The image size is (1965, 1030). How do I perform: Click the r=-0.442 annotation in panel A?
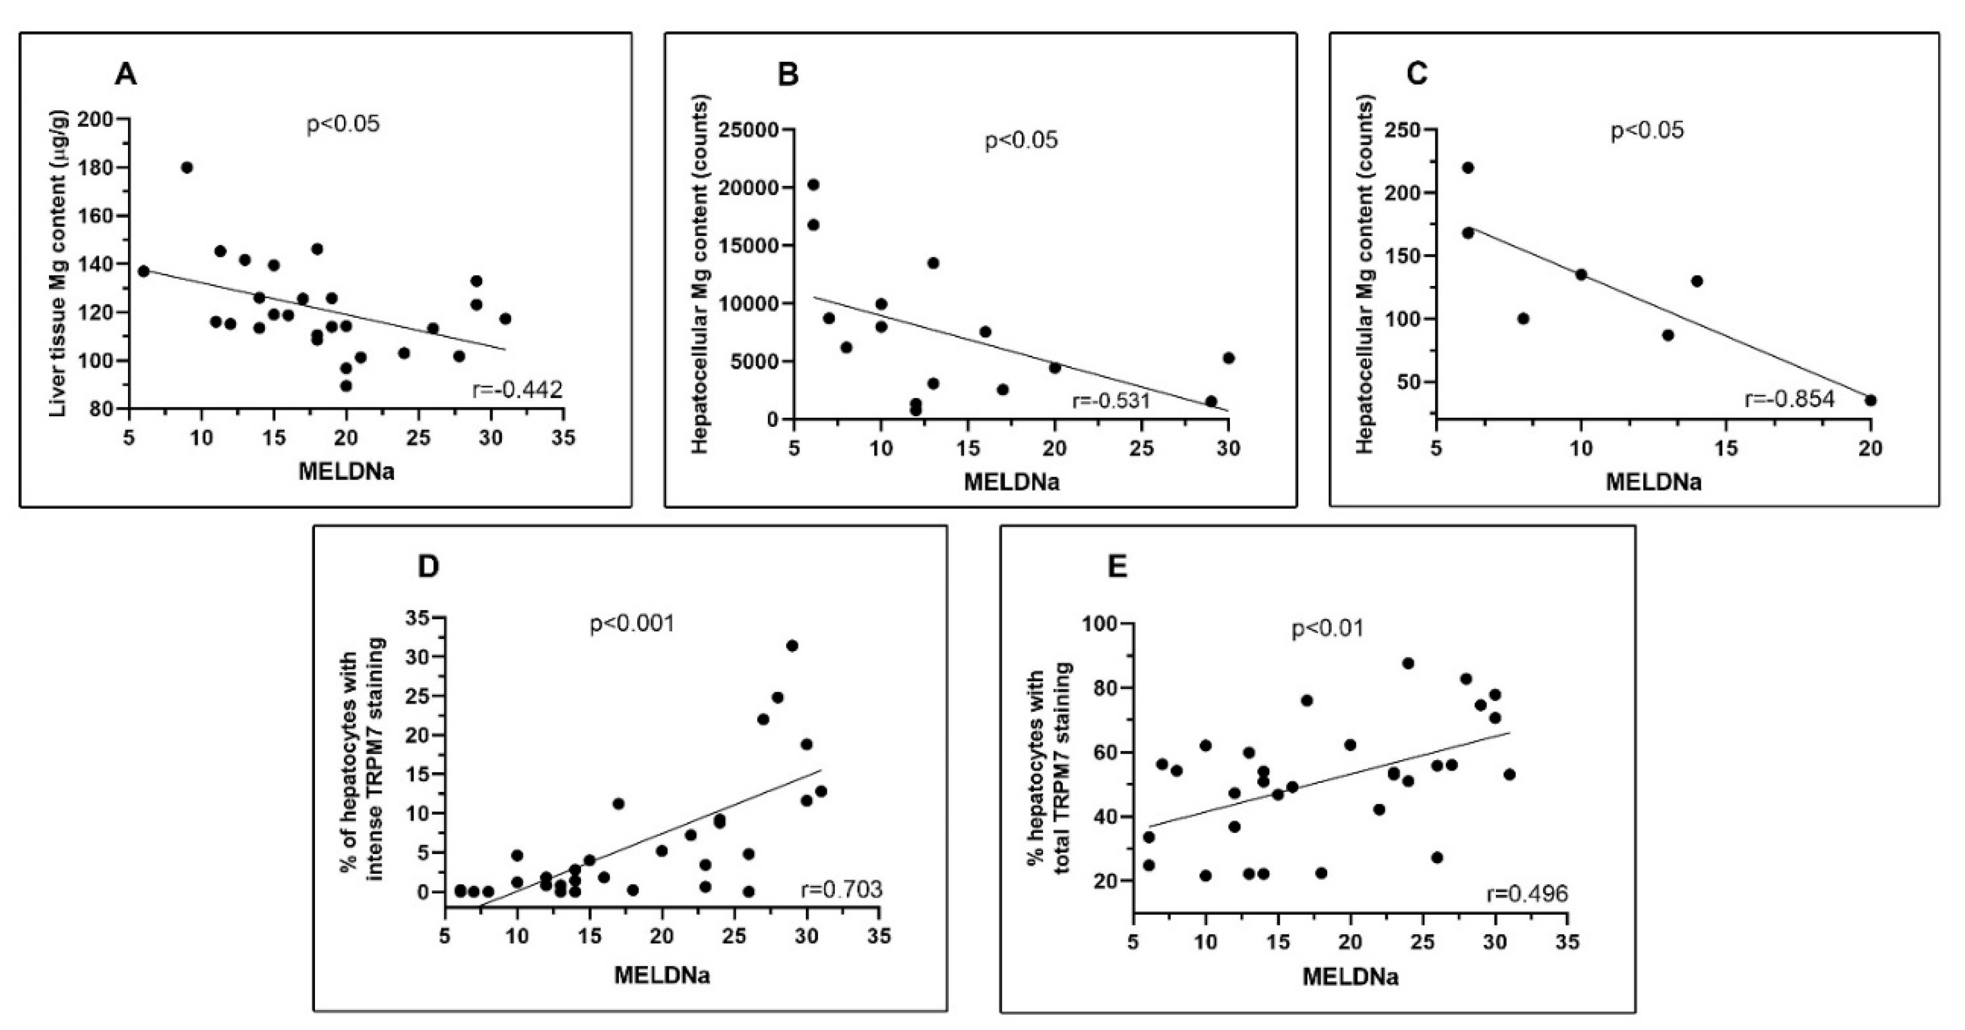click(518, 390)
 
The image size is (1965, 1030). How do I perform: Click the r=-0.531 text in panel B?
click(1111, 400)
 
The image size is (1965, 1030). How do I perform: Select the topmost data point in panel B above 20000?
click(813, 185)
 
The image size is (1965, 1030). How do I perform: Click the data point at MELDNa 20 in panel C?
click(1870, 400)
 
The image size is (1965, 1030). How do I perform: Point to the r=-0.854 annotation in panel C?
click(1790, 399)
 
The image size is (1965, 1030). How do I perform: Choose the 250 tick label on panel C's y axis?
click(1407, 130)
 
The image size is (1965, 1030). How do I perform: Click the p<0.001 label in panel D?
click(632, 624)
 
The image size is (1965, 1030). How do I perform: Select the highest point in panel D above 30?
click(792, 645)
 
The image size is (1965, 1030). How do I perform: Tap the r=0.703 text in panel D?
click(841, 889)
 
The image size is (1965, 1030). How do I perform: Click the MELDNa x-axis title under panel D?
click(662, 975)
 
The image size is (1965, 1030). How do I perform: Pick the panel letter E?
click(1117, 568)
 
